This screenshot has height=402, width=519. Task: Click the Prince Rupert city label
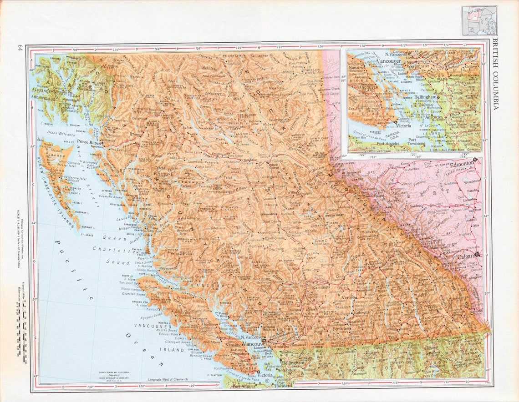pos(89,141)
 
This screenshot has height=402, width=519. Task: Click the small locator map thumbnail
pos(478,20)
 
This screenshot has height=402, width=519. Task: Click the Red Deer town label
pos(475,211)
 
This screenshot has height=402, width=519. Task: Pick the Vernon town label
pos(348,297)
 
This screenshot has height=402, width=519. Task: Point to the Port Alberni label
pos(212,342)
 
